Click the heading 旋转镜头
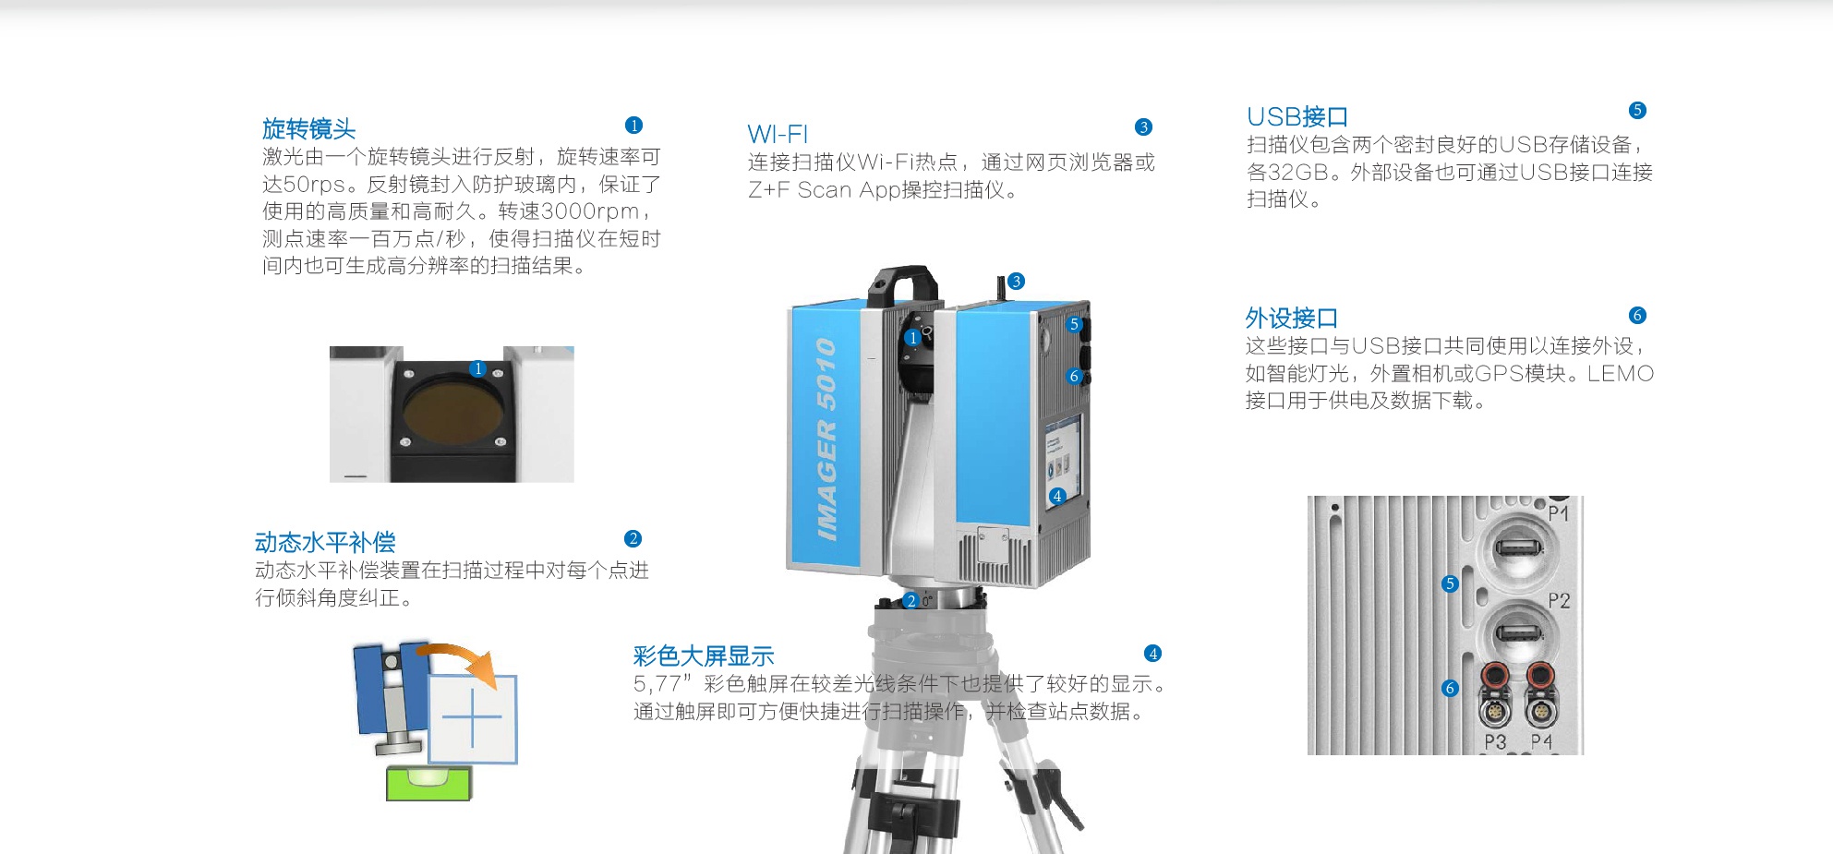308,128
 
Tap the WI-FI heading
778,134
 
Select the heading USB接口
1296,116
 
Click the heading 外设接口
1291,318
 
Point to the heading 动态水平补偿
325,542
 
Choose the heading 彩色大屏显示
704,656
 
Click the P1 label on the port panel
1558,512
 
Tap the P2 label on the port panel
1559,601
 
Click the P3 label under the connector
1495,741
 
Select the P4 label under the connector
1541,741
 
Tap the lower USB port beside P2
1518,634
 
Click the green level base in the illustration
428,782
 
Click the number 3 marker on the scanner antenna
1016,281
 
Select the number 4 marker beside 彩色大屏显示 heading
1152,654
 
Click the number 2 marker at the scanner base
911,601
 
